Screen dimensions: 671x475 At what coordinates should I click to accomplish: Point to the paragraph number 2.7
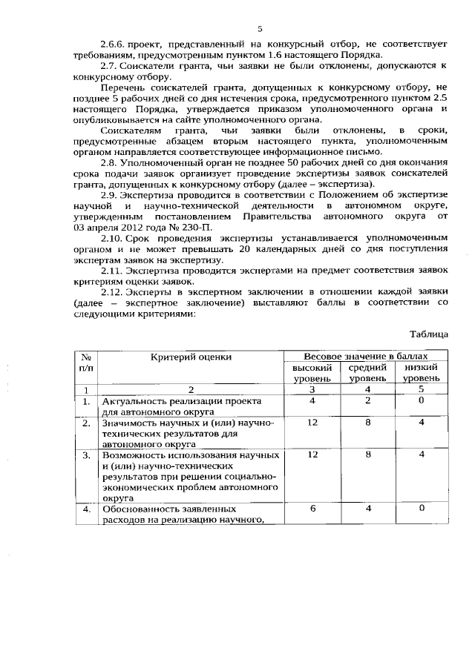(x=109, y=65)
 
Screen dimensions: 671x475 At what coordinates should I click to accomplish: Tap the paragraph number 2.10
(x=111, y=237)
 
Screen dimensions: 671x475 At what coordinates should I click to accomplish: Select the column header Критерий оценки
(x=191, y=357)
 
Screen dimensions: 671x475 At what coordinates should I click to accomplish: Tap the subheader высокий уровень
(x=312, y=372)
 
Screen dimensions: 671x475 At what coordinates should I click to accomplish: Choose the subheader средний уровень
(x=368, y=372)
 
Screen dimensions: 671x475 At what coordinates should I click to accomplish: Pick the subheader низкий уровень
(x=421, y=372)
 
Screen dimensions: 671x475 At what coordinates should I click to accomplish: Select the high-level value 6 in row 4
(x=312, y=509)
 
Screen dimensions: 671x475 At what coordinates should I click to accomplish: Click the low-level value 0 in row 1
(x=421, y=400)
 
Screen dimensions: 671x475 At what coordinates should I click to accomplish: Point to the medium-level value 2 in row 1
(x=368, y=400)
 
